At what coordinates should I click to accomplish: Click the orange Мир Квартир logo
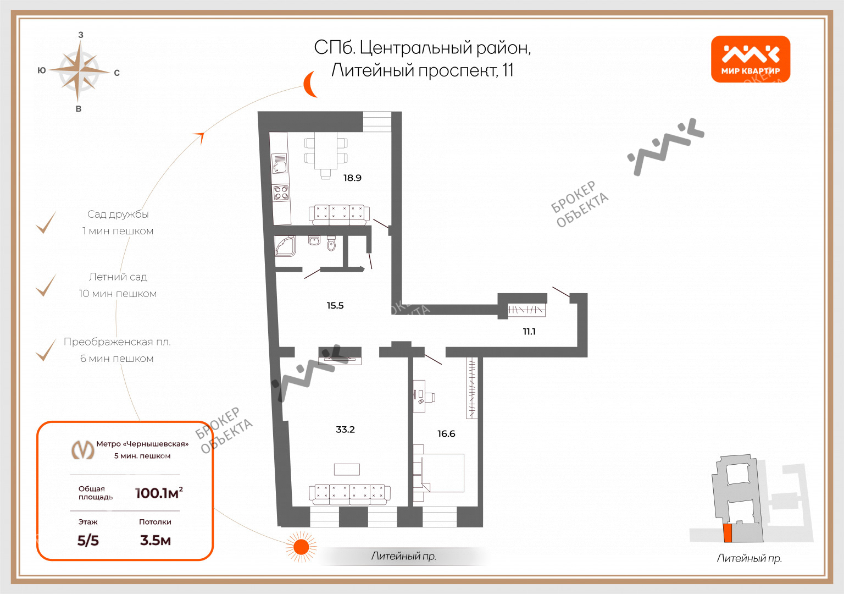(x=750, y=59)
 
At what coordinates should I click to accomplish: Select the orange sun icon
(x=301, y=547)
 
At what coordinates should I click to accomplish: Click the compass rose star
(x=79, y=71)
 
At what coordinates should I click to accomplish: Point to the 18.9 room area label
(x=352, y=178)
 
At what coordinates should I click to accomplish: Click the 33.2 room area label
(x=345, y=429)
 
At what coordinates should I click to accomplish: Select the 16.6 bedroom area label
(x=446, y=433)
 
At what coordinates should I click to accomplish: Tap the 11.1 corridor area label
(x=529, y=332)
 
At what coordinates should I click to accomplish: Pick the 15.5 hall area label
(x=335, y=305)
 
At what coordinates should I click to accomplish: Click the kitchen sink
(x=280, y=163)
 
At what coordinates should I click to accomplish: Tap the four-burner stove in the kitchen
(x=281, y=193)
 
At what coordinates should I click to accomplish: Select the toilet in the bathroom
(x=331, y=243)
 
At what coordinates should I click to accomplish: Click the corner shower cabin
(x=285, y=246)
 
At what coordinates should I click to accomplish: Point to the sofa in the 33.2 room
(x=349, y=494)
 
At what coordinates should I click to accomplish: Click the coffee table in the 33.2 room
(x=347, y=470)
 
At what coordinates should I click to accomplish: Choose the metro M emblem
(x=83, y=449)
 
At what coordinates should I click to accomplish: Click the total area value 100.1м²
(x=159, y=493)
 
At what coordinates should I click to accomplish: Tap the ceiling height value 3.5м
(x=156, y=541)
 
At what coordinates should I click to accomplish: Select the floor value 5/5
(x=88, y=541)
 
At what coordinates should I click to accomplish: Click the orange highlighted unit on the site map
(x=728, y=533)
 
